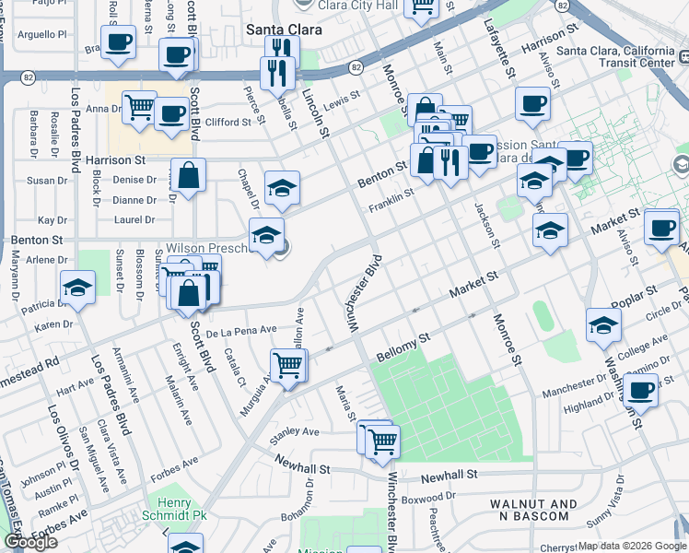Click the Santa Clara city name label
click(284, 29)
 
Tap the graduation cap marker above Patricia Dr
click(78, 288)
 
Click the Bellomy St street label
click(403, 348)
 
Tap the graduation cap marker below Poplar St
click(603, 325)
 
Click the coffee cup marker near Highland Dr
click(640, 390)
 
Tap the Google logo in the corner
click(30, 542)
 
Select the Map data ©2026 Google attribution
click(631, 546)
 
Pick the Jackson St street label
click(487, 225)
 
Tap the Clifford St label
click(228, 122)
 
